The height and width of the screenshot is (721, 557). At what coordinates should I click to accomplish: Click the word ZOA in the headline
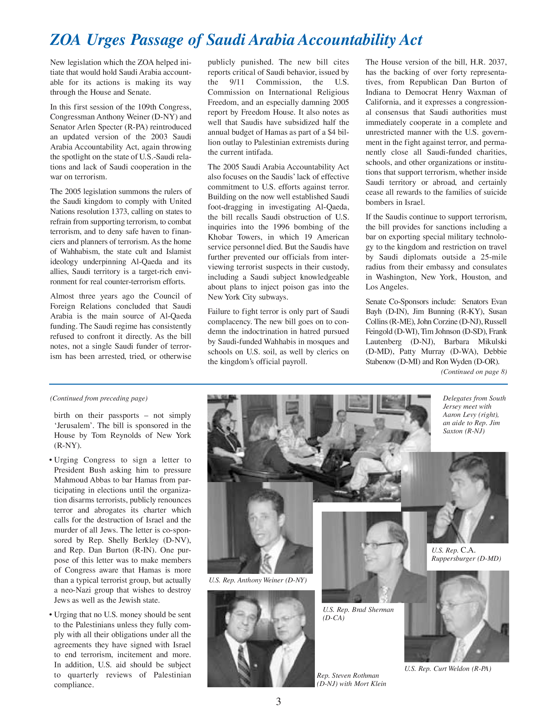[x=65, y=40]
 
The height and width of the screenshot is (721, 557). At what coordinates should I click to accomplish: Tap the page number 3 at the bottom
[x=278, y=701]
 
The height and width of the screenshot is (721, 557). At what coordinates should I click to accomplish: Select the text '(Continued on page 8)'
[x=473, y=372]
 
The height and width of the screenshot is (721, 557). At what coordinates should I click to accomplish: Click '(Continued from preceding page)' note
[x=99, y=398]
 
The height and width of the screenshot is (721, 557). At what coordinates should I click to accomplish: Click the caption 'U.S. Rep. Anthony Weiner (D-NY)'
[x=258, y=580]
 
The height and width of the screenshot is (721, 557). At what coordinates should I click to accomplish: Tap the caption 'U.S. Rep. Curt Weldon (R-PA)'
[x=448, y=669]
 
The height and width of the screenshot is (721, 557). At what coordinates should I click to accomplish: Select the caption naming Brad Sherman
[x=358, y=614]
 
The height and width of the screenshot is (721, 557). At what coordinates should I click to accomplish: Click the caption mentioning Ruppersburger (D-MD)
[x=466, y=554]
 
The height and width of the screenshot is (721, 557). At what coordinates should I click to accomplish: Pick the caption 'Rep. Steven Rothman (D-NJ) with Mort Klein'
[x=351, y=679]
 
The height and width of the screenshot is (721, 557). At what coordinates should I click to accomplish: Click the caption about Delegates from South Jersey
[x=474, y=414]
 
